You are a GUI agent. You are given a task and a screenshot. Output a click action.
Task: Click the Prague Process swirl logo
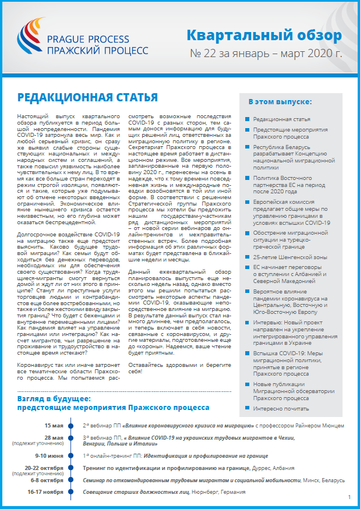(36, 41)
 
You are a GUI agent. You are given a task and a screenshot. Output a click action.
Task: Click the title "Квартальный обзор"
(264, 36)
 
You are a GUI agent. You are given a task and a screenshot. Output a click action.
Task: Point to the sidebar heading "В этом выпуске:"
(280, 101)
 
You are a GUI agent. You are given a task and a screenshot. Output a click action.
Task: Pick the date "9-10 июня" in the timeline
(50, 455)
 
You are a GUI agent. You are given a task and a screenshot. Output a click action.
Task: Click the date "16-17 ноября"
(46, 492)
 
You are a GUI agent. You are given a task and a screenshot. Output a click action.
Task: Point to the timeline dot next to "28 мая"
(70, 439)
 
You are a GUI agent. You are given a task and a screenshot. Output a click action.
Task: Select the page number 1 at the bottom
(349, 497)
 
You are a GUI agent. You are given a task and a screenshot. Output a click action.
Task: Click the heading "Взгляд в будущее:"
(54, 399)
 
